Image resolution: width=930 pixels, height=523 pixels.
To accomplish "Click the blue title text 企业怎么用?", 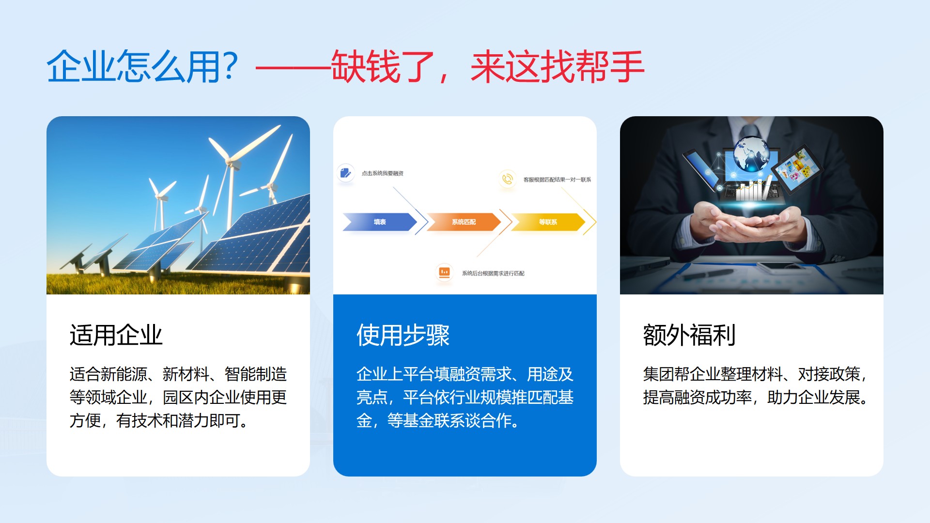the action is [142, 66].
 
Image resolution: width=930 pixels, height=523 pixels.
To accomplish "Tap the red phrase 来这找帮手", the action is [558, 66].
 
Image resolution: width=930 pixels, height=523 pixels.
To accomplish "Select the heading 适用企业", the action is [116, 335].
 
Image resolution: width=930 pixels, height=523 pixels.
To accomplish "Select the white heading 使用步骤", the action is [403, 335].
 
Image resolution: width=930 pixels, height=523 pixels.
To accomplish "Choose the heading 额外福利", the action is [689, 335].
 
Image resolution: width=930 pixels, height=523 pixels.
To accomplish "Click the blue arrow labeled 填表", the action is [380, 222].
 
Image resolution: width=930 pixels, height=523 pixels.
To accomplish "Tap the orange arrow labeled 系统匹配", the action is [464, 222].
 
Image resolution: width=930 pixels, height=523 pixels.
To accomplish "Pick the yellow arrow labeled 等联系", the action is [548, 222].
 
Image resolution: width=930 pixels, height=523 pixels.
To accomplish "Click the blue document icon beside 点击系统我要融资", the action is [345, 173].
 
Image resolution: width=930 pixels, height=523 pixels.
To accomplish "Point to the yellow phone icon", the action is [507, 179].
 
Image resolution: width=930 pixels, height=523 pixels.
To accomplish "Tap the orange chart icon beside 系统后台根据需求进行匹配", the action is [444, 273].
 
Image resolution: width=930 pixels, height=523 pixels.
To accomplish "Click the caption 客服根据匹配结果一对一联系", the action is [557, 180].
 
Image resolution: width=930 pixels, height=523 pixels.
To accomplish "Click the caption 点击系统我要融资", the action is [382, 173].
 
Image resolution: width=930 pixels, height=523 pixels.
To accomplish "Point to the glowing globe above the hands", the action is [751, 154].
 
